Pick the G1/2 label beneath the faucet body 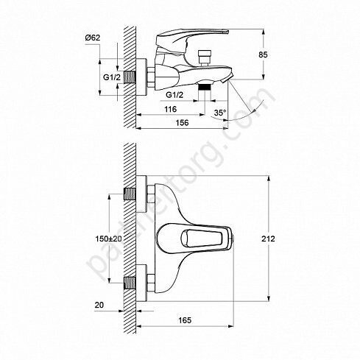point(175,94)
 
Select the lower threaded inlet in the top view point(129,282)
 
